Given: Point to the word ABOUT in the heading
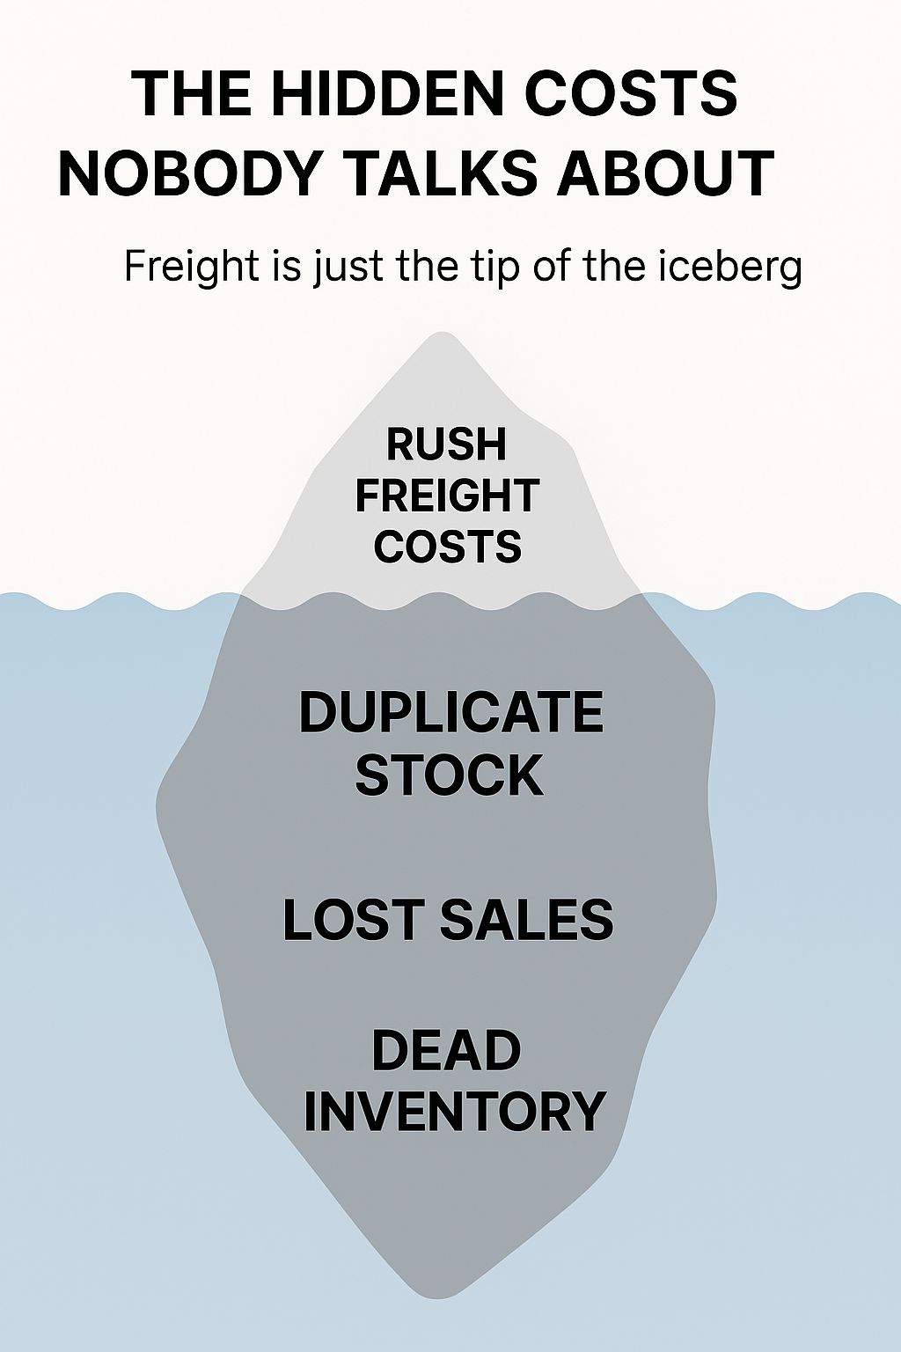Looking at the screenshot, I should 665,173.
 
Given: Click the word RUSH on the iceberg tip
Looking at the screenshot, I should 447,445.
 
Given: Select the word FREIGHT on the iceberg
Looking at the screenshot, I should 447,496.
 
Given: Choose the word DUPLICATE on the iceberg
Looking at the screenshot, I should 450,712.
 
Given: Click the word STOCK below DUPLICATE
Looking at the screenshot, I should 449,775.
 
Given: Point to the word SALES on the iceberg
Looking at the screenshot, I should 526,919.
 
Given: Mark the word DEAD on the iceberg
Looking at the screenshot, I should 446,1051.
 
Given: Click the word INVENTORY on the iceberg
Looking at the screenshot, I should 454,1111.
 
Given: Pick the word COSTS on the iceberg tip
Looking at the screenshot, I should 447,547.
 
